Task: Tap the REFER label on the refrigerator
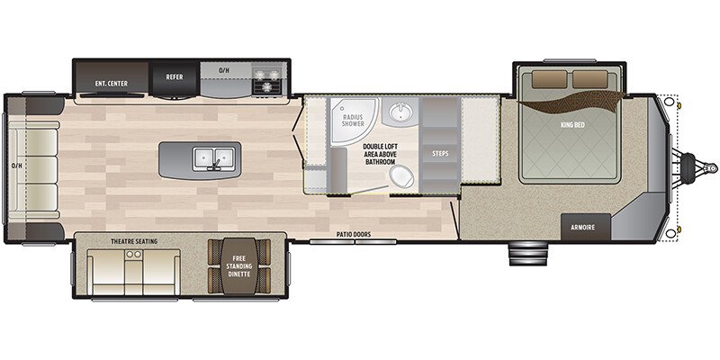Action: tap(175, 77)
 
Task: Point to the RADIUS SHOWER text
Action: tap(353, 121)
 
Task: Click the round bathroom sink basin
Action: tap(399, 112)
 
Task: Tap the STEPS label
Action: tap(441, 153)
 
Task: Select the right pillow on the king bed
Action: tap(591, 80)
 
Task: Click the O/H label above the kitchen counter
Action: tap(224, 68)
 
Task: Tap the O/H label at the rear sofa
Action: tap(17, 166)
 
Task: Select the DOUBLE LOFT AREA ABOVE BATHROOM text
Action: tap(381, 153)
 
